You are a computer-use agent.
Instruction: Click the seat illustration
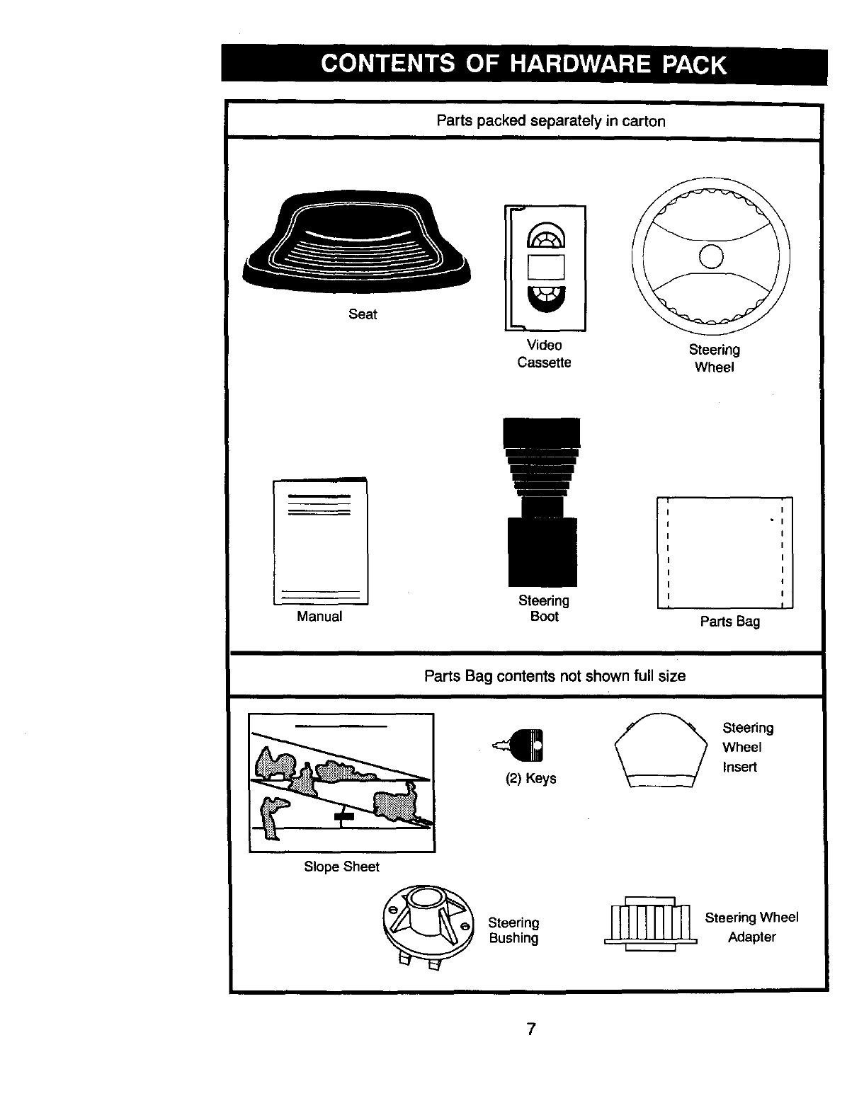pos(358,241)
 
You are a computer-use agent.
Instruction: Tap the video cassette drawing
pos(546,268)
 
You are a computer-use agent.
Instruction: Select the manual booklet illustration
pos(321,542)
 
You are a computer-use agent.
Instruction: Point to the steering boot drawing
pos(542,503)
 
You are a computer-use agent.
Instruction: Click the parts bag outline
pos(725,553)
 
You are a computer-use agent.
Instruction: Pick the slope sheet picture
pos(341,782)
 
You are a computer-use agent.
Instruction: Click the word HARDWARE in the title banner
pos(579,64)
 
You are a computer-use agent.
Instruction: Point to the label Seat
pos(363,314)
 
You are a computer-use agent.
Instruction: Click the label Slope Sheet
pos(341,867)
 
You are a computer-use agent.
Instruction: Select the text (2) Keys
pos(530,779)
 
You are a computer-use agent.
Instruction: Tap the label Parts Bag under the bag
pos(729,622)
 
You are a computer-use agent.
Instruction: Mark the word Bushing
pos(513,939)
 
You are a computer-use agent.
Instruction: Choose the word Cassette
pos(544,362)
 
